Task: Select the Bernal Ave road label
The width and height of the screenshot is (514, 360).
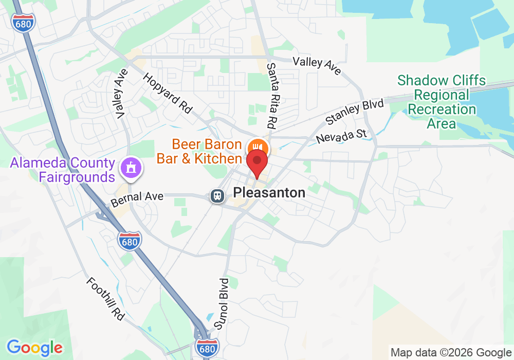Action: pos(137,196)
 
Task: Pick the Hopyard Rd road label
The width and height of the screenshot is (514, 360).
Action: pos(167,93)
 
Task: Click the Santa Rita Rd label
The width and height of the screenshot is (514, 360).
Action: pos(271,96)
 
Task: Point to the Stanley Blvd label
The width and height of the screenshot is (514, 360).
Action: pos(355,112)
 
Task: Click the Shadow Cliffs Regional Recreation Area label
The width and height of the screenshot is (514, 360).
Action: pos(441,102)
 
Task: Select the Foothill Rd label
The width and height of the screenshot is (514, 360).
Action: pos(105,299)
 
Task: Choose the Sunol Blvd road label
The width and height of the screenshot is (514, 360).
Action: pos(222,303)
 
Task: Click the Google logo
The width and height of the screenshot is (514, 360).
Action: pos(34,347)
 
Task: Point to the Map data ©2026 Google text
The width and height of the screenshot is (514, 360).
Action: pos(450,352)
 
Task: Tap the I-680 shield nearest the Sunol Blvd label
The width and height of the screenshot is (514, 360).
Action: pos(207,347)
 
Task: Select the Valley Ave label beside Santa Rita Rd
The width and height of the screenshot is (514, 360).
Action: pos(317,65)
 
